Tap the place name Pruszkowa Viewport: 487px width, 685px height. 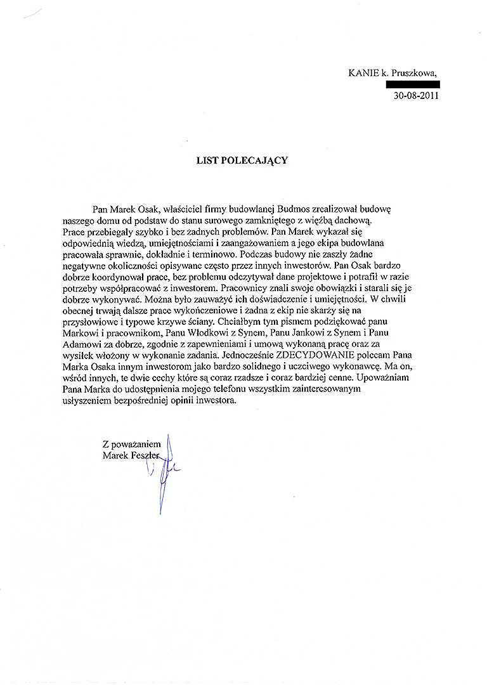[415, 74]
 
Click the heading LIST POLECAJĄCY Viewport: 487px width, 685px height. [241, 160]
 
